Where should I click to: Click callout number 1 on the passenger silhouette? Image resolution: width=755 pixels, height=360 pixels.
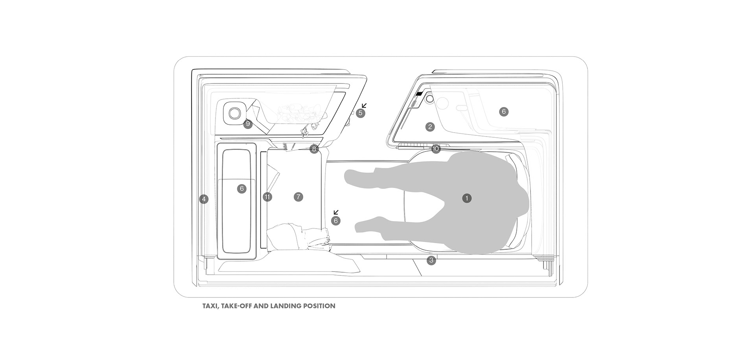467,198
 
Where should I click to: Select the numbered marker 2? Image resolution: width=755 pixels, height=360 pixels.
430,127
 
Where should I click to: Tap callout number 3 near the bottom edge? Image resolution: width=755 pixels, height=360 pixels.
431,260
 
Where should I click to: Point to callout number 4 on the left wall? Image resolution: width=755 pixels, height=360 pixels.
204,199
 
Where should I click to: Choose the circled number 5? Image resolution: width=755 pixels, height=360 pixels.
361,113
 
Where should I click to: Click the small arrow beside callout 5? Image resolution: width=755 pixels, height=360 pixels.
364,105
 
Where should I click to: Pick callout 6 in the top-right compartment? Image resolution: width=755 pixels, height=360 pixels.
504,112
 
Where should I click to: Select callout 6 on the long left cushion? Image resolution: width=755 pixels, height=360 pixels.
242,189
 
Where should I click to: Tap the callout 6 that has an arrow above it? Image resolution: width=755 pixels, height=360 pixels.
335,221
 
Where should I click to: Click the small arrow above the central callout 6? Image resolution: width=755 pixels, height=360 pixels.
336,212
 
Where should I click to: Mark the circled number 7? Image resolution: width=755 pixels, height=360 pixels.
298,197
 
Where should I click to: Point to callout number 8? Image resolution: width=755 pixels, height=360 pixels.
314,149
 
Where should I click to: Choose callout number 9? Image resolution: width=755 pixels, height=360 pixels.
247,124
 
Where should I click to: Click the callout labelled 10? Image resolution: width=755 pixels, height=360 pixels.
436,149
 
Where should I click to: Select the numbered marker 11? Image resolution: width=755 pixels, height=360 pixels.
267,197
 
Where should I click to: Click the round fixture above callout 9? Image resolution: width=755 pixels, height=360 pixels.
235,113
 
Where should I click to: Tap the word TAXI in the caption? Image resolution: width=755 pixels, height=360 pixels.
210,306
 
